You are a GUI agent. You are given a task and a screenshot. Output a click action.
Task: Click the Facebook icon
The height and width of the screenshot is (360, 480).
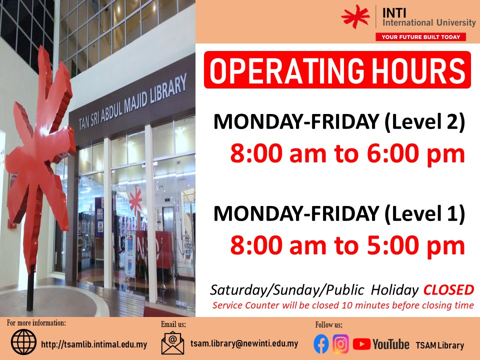321,344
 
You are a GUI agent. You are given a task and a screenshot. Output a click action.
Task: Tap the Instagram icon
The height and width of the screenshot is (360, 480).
340,344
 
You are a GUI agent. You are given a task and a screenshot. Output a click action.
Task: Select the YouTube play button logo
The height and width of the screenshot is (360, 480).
361,344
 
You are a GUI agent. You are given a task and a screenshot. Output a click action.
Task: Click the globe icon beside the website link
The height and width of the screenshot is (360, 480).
23,342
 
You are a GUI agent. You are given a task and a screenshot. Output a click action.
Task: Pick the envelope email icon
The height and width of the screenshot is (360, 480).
172,343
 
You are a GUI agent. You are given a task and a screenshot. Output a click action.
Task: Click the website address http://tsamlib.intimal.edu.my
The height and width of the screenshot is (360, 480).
94,344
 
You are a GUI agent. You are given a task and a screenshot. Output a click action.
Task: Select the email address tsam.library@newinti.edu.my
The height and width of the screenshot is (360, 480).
244,343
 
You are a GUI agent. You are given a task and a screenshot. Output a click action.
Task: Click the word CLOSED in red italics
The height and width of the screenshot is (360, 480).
449,290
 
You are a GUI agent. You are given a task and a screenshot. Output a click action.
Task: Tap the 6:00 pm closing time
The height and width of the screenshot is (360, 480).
416,153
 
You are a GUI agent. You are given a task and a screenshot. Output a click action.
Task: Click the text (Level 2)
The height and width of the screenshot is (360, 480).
425,122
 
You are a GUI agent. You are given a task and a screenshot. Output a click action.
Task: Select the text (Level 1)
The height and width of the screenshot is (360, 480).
425,213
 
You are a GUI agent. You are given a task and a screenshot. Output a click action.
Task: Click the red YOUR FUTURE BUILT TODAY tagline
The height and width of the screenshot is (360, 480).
420,37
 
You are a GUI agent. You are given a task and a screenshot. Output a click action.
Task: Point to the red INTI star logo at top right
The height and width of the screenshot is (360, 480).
355,17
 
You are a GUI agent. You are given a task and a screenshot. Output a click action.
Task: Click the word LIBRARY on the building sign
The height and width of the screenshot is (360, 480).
168,89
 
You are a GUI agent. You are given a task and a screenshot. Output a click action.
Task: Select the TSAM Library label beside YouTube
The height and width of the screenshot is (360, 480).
439,345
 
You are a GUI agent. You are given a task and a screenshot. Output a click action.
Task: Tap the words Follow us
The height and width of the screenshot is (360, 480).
329,325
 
